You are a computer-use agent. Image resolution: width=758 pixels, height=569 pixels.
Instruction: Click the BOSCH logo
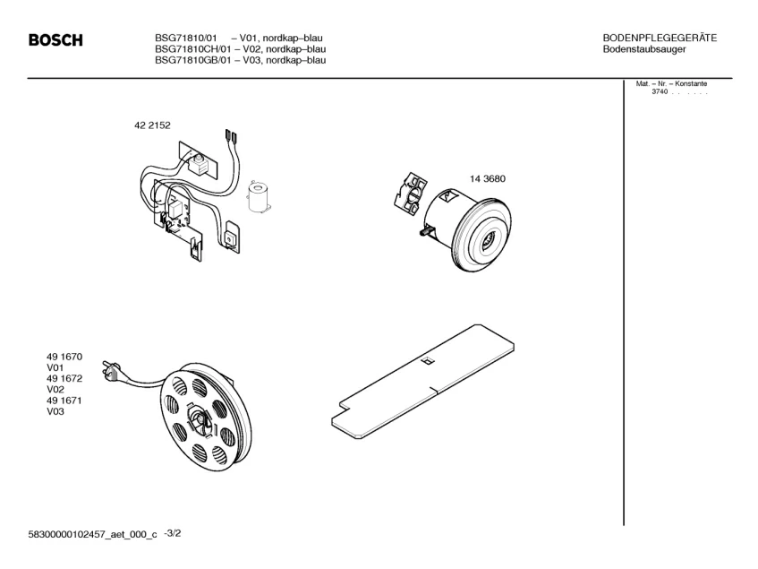(55, 40)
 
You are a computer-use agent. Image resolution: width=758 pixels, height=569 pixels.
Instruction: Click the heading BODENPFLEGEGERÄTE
(660, 38)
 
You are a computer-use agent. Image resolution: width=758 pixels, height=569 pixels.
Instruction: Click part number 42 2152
(152, 126)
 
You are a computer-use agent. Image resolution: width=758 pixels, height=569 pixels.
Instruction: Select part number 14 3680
(488, 178)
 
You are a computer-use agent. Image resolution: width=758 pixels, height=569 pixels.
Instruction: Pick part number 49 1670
(64, 357)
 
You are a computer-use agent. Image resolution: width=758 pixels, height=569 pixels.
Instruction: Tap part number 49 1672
(64, 379)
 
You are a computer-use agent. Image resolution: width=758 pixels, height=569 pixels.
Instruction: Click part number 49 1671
(64, 401)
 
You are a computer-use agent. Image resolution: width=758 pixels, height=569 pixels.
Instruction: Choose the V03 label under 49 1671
(55, 411)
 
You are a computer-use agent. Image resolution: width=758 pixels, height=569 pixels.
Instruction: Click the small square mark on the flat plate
(427, 362)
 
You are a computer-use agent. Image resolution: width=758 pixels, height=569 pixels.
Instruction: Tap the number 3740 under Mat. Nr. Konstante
(660, 92)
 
